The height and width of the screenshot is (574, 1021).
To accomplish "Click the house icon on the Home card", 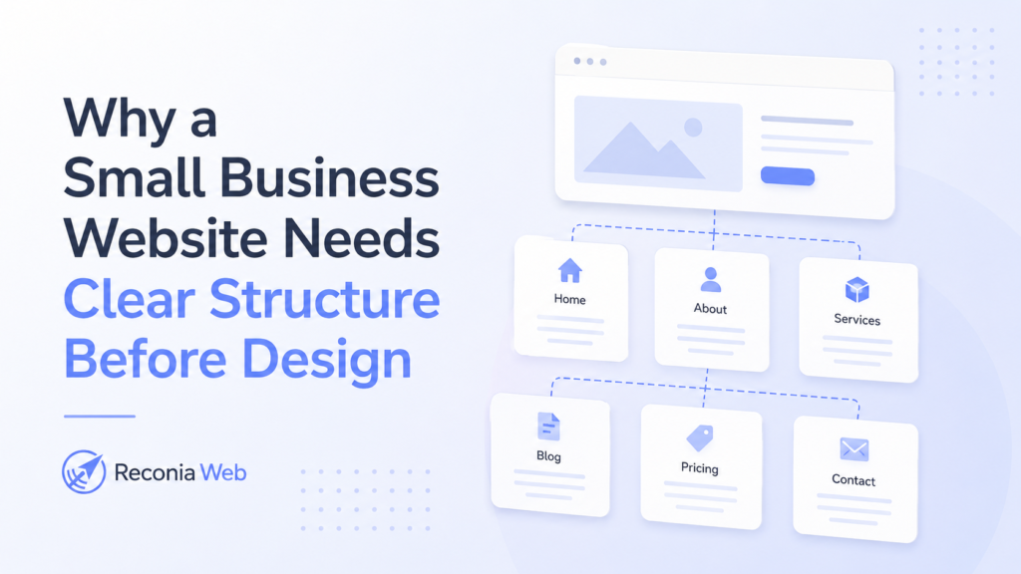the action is (x=569, y=271).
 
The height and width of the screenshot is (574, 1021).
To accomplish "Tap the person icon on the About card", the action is (x=710, y=280).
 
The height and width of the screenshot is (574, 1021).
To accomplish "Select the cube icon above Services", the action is (x=856, y=290).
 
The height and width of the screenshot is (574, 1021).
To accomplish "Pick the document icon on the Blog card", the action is (x=548, y=427).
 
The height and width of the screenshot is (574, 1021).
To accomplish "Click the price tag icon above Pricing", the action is (x=700, y=438).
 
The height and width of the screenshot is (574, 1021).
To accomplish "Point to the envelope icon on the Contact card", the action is (x=853, y=449).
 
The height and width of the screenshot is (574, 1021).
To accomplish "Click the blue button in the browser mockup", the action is (x=788, y=175).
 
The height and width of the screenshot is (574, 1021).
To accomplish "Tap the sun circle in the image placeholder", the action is (x=693, y=127).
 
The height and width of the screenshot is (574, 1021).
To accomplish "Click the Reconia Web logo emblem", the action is (x=84, y=471).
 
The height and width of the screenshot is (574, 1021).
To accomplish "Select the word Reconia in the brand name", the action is (x=155, y=472).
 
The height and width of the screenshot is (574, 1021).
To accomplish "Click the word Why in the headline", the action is (x=121, y=119).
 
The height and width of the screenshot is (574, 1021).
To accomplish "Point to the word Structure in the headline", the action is (x=324, y=299).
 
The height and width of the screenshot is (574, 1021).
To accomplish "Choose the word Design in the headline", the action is (x=326, y=359).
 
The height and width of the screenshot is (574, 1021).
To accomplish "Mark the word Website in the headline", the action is (x=166, y=239).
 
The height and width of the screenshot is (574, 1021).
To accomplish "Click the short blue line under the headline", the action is (x=100, y=416).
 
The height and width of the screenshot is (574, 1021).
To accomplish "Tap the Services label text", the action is (x=856, y=320).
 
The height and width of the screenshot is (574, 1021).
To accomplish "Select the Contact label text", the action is (x=853, y=480).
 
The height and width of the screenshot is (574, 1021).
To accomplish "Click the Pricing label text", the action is (x=699, y=468).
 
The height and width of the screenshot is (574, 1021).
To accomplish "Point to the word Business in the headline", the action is (x=329, y=178).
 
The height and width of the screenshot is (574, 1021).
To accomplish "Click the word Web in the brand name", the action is (x=223, y=472).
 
